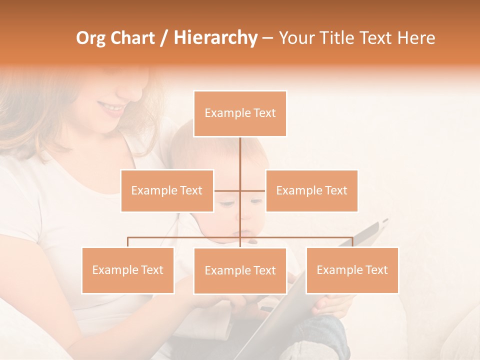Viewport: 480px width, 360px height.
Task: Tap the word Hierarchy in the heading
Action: pos(215,38)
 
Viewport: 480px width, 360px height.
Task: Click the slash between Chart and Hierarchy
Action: pos(164,38)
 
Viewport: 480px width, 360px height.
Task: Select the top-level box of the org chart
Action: pos(240,113)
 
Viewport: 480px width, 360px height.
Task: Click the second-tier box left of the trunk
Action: pos(167,190)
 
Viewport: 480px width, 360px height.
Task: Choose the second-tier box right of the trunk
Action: pos(311,190)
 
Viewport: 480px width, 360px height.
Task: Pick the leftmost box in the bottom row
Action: pos(127,270)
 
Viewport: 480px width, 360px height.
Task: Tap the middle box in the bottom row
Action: pos(240,270)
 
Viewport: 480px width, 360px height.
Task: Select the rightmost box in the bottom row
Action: pos(352,270)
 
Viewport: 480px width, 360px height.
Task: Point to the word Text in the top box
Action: pos(265,113)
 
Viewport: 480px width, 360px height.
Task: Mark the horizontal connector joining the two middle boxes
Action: pos(227,190)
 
